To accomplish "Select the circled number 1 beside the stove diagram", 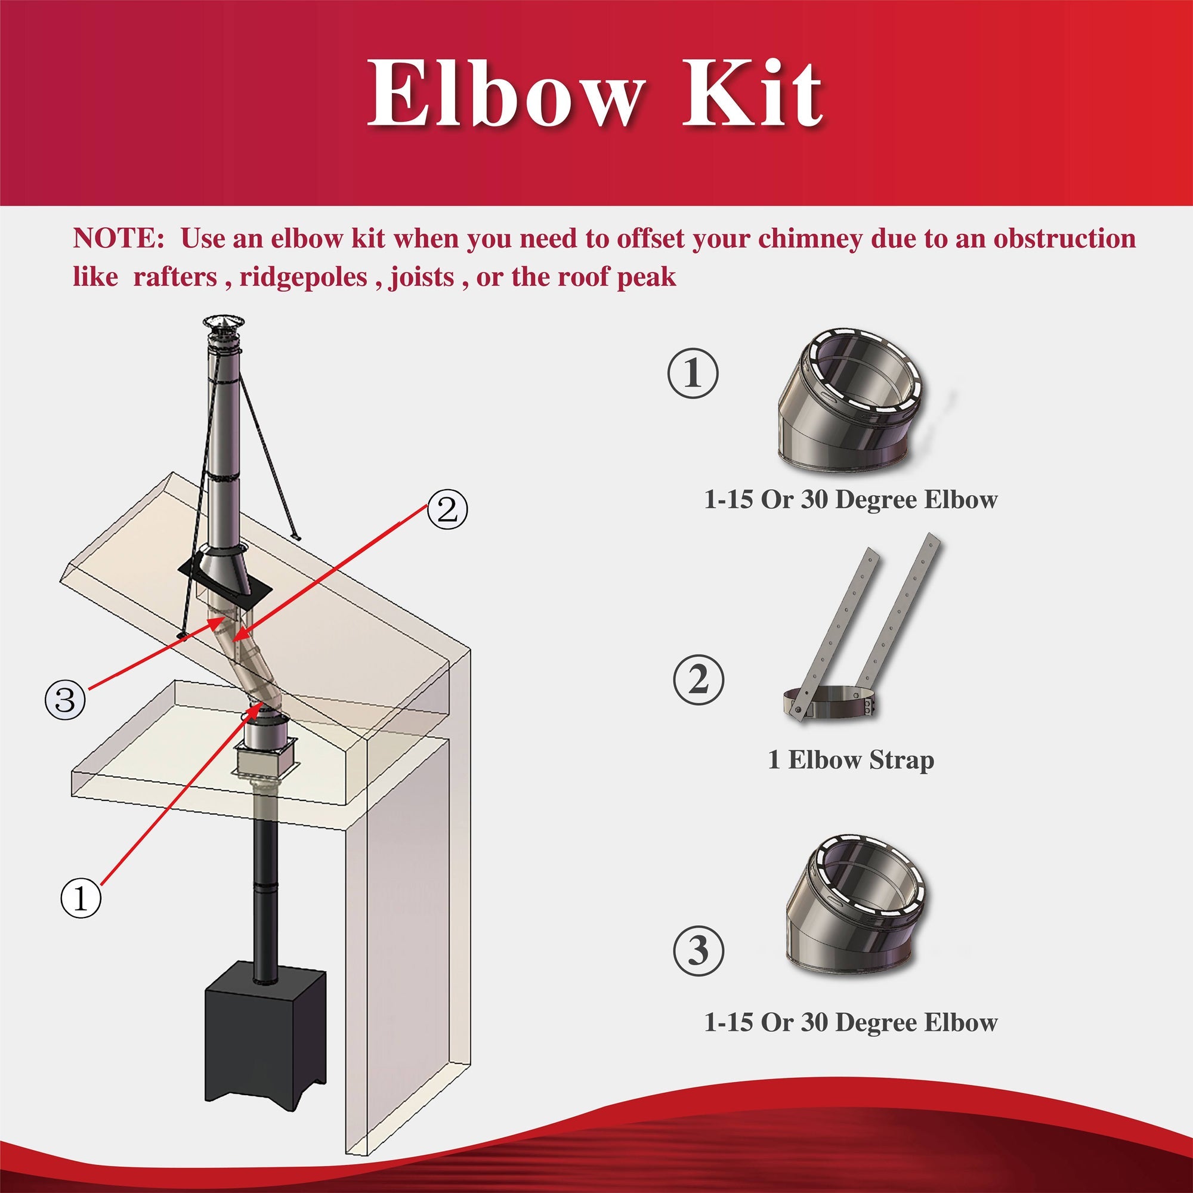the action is (81, 899).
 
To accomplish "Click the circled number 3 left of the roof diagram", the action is (65, 700).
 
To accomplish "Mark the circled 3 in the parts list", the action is (698, 951).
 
